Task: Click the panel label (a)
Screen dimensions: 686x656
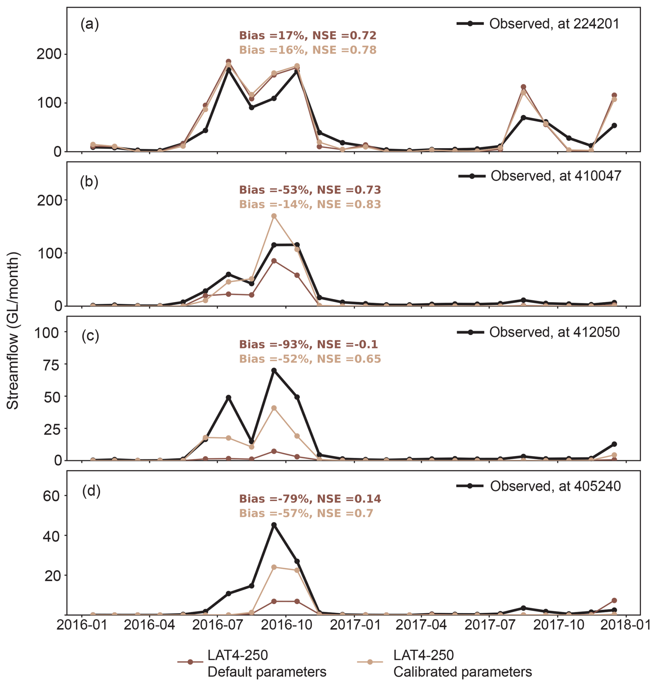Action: pyautogui.click(x=90, y=25)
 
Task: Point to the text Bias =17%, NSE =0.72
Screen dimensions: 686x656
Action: pyautogui.click(x=308, y=35)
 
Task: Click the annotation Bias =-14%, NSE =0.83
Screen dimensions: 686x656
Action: pyautogui.click(x=310, y=204)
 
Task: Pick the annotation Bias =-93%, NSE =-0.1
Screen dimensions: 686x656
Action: pyautogui.click(x=309, y=344)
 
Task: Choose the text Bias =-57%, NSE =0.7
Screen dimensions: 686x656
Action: pyautogui.click(x=306, y=513)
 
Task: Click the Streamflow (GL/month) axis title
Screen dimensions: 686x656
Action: pyautogui.click(x=12, y=331)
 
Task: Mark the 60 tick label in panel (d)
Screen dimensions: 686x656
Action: pyautogui.click(x=52, y=496)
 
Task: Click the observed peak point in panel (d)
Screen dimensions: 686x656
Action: pyautogui.click(x=274, y=525)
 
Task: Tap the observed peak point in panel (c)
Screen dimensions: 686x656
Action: pyautogui.click(x=274, y=370)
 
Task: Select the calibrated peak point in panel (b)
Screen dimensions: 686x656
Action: pyautogui.click(x=274, y=216)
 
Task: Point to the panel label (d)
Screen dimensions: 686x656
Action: pyautogui.click(x=91, y=491)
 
